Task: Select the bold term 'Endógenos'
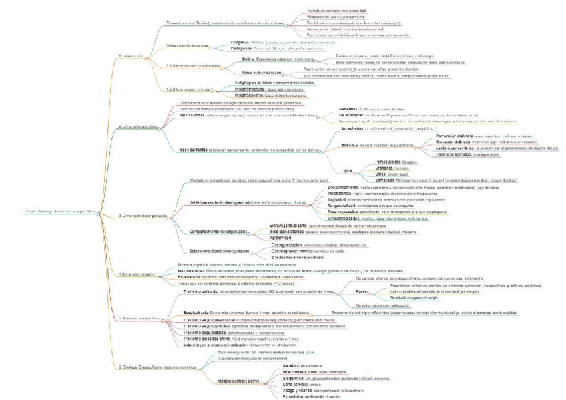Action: point(236,42)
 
